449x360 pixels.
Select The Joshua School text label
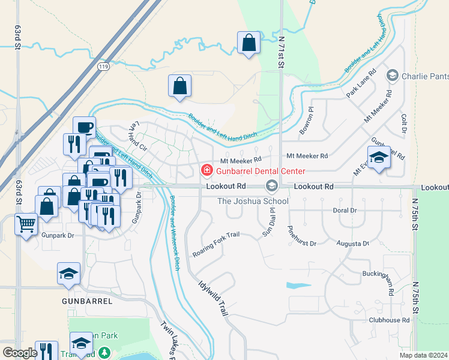(x=253, y=200)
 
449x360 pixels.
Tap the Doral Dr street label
(x=345, y=211)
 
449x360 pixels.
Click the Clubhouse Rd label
(x=389, y=320)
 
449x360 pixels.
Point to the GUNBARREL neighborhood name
(x=82, y=298)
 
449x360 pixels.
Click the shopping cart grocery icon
(x=26, y=224)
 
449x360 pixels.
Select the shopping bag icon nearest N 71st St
(x=248, y=43)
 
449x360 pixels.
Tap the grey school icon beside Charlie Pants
(x=393, y=76)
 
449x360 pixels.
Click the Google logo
(x=20, y=353)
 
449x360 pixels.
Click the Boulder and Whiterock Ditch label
(x=175, y=233)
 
